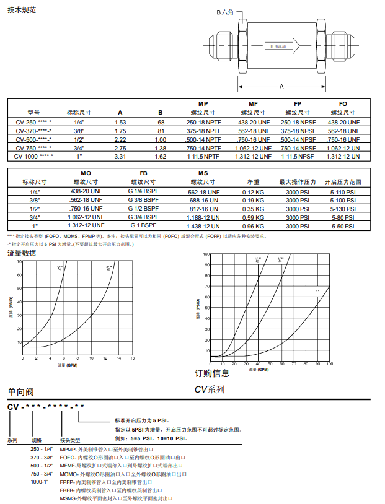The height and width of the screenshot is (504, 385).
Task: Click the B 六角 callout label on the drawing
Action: (227, 12)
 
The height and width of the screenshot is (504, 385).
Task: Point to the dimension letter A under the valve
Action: (281, 86)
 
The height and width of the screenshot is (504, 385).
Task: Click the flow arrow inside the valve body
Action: (282, 46)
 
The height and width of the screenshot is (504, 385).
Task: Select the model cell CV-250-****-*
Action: (33, 123)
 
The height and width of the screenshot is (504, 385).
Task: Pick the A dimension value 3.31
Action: (120, 157)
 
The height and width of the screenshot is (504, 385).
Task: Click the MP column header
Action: (203, 103)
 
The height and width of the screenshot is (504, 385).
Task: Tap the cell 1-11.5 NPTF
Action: (203, 157)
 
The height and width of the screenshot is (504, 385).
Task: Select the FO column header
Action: (343, 103)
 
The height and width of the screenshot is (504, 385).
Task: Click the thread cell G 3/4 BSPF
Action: (144, 218)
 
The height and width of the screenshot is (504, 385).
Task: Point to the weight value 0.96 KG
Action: (253, 227)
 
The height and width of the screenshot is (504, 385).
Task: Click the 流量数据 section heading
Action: (22, 253)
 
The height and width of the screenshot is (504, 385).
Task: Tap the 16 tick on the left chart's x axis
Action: (133, 358)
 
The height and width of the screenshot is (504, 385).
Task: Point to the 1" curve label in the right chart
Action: (317, 290)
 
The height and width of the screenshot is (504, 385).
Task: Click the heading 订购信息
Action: (212, 373)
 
